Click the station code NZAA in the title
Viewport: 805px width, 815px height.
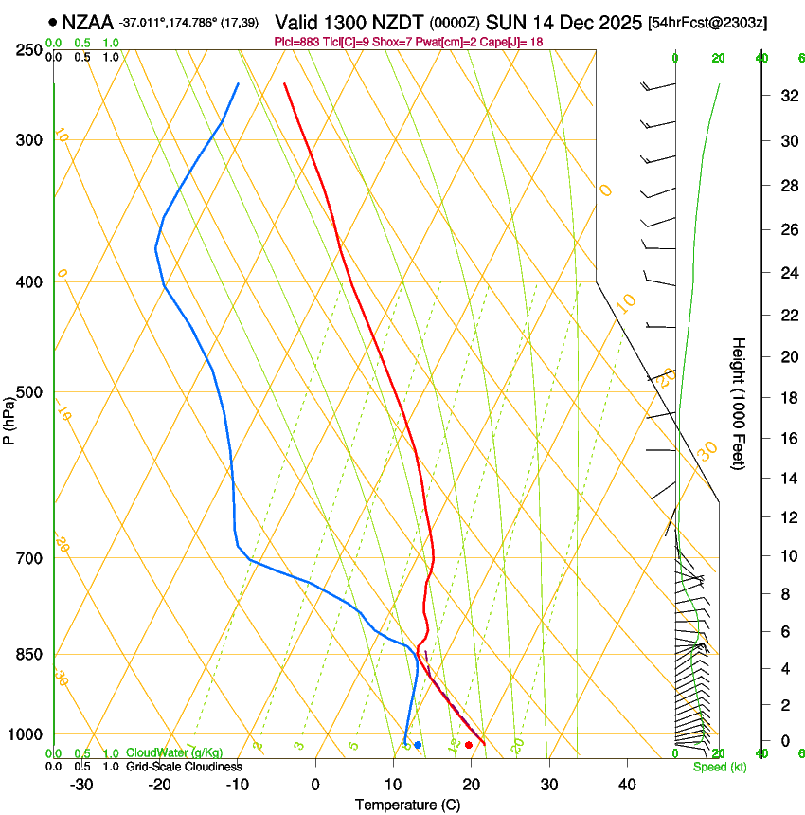click(87, 21)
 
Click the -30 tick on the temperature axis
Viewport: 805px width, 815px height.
click(81, 784)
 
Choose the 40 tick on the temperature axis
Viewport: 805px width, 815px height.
click(626, 784)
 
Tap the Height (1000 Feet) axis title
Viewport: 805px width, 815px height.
click(739, 404)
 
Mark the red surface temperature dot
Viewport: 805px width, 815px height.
click(468, 745)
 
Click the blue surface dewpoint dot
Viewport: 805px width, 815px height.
click(418, 745)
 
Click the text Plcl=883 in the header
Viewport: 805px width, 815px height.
click(295, 42)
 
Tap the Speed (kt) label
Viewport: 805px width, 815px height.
click(720, 767)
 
